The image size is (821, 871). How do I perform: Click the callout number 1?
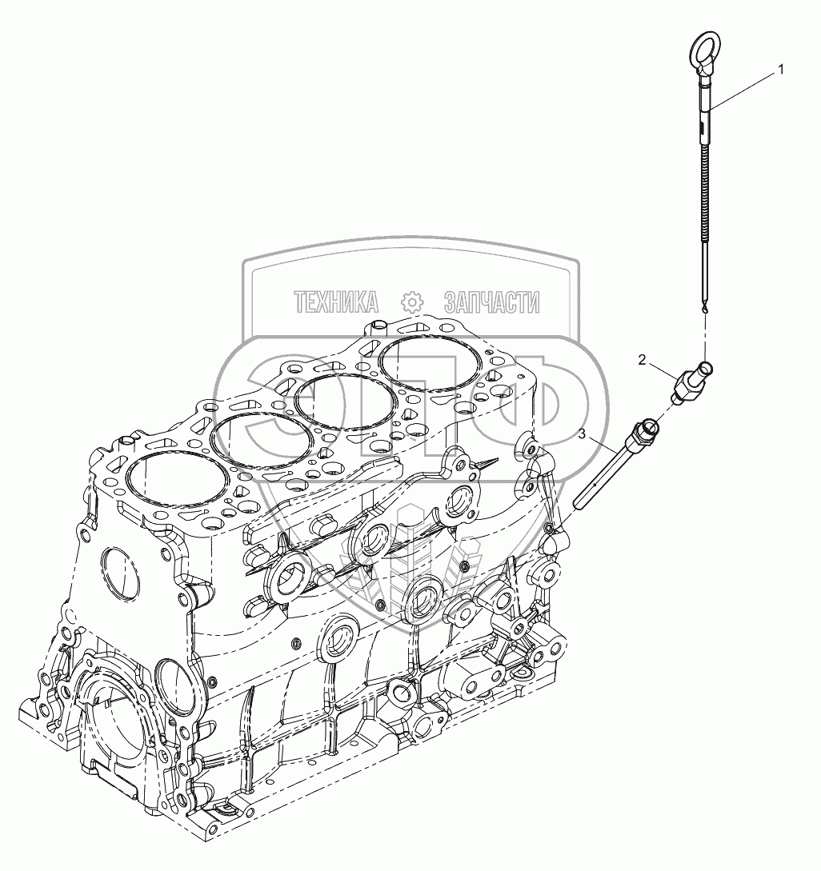coord(781,70)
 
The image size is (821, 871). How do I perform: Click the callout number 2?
coord(643,361)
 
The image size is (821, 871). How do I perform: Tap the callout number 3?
coord(582,434)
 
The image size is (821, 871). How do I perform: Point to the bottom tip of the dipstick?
coord(704,314)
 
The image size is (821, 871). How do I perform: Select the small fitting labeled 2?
coord(691,383)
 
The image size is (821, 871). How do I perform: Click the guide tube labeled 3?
coord(615,465)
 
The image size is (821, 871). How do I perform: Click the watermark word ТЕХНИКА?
coord(337,302)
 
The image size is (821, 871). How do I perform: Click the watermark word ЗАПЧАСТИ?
coord(492,302)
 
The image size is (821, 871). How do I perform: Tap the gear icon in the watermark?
coord(412,302)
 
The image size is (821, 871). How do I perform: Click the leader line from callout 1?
coord(743,90)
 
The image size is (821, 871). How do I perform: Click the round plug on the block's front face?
coord(121,573)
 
